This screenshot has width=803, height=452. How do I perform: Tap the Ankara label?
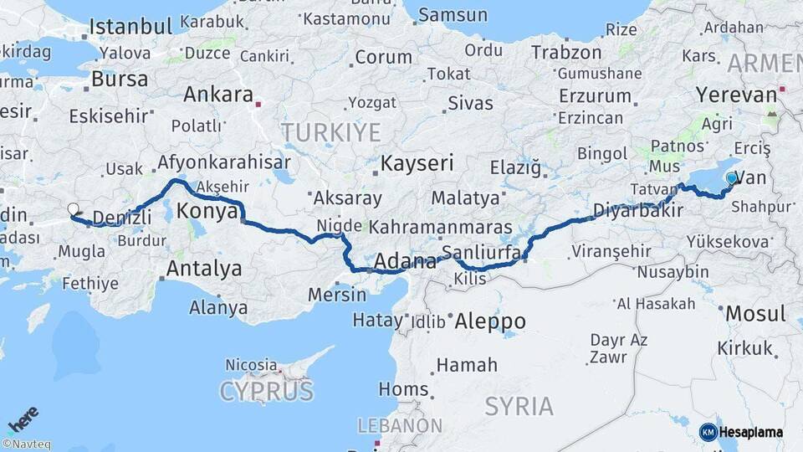click(218, 95)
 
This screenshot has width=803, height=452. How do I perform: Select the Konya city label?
click(207, 212)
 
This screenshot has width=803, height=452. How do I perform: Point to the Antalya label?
click(204, 269)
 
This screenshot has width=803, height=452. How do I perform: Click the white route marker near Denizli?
click(73, 209)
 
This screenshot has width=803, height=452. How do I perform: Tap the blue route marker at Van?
click(732, 178)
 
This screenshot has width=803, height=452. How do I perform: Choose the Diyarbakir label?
click(632, 209)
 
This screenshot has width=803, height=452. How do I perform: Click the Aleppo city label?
click(488, 321)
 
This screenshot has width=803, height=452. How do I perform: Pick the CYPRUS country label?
click(267, 391)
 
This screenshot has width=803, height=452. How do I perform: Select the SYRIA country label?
click(519, 407)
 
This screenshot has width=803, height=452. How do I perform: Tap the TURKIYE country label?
click(330, 132)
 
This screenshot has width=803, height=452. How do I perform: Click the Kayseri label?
click(417, 163)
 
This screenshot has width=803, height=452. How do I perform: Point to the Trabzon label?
click(566, 52)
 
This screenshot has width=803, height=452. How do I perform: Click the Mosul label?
click(755, 314)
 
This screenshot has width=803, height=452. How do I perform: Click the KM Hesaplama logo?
click(740, 432)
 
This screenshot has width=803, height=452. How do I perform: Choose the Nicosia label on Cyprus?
click(251, 365)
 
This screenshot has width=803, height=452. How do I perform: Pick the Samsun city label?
click(452, 15)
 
